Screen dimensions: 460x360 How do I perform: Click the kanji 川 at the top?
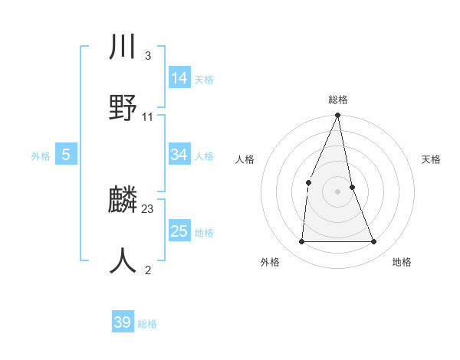tap(123, 47)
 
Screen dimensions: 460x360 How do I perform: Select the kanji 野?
tap(123, 106)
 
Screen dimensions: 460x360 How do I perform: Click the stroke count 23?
tap(148, 208)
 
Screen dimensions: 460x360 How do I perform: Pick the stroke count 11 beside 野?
tap(147, 117)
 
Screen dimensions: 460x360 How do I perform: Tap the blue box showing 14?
tap(179, 78)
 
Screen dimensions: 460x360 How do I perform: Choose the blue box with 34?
tap(179, 155)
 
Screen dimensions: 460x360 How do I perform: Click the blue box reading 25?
tap(179, 231)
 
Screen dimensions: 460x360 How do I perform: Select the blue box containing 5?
tap(66, 155)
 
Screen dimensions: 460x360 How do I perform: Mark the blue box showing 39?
tap(122, 322)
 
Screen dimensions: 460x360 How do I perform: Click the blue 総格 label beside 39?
tap(147, 324)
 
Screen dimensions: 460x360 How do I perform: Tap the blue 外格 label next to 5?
tap(41, 156)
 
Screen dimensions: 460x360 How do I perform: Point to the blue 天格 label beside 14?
tap(204, 80)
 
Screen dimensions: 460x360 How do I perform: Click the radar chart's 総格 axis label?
tap(337, 100)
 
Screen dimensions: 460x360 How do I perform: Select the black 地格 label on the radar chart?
tap(402, 263)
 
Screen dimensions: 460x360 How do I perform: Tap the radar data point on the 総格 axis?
tap(337, 116)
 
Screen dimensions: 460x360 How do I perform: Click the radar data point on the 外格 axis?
tap(301, 242)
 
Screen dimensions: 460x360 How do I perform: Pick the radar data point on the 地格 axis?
tap(374, 242)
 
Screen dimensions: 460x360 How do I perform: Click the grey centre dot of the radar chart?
tap(337, 191)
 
